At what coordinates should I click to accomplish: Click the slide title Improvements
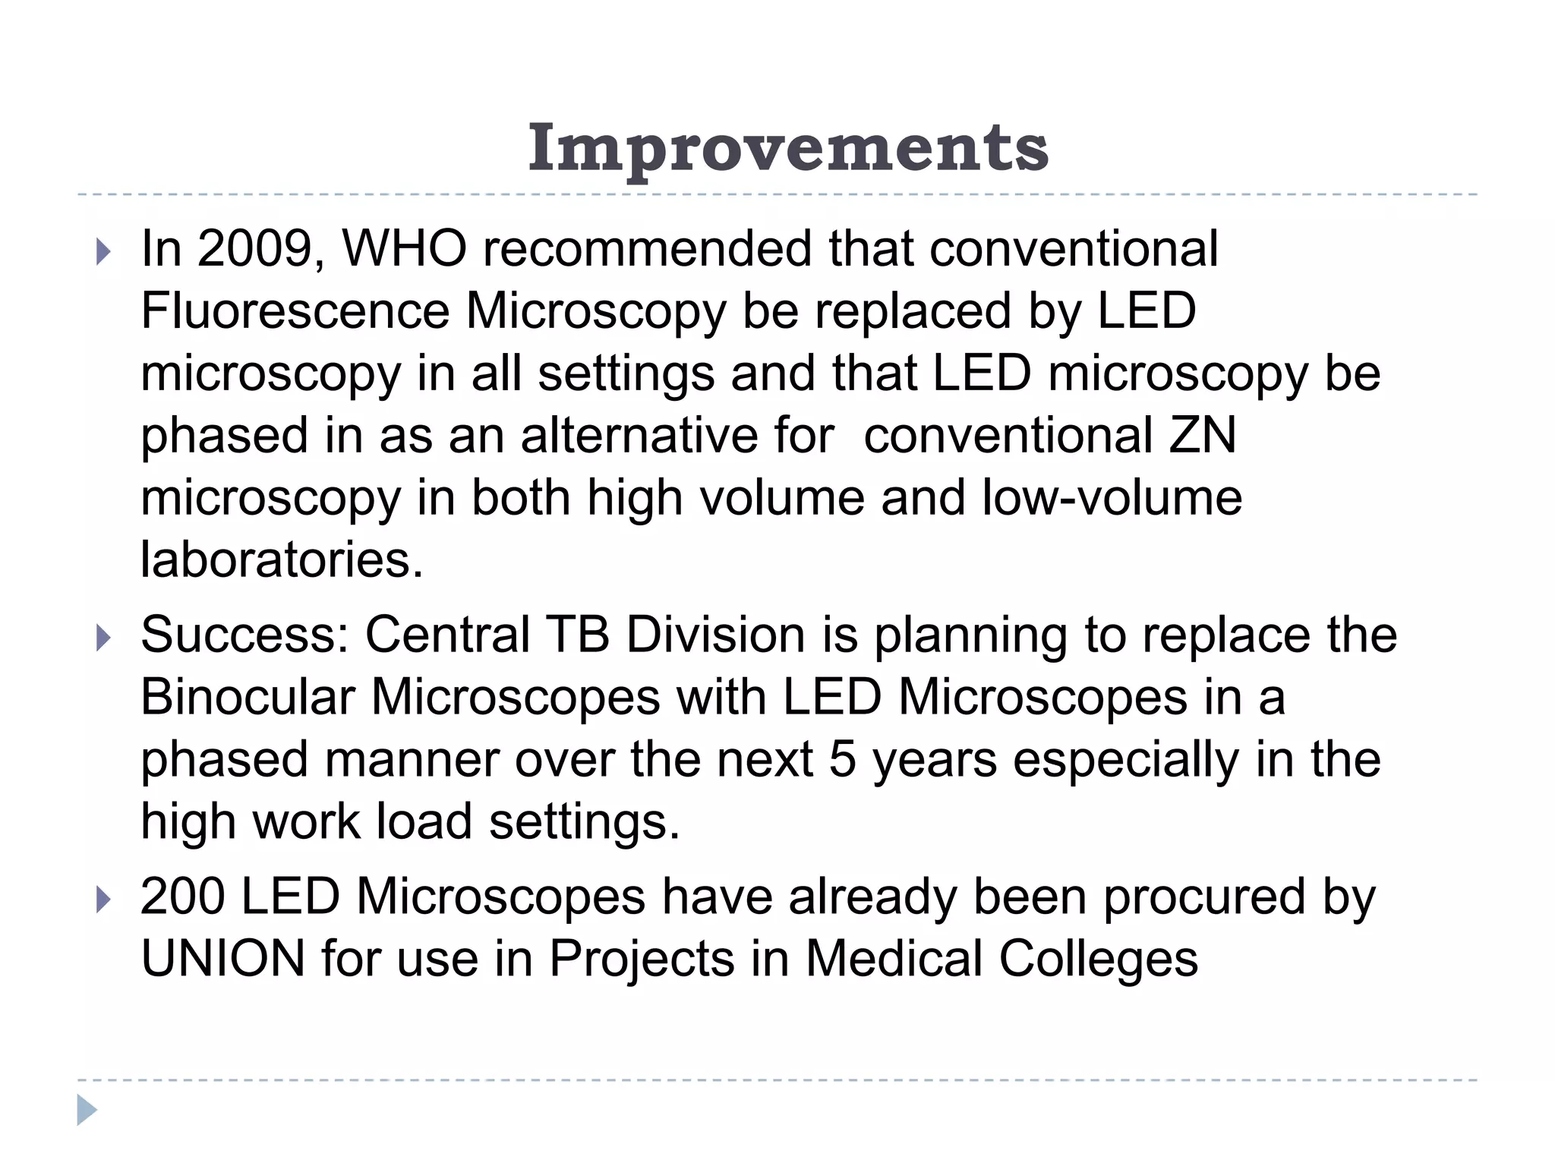(788, 149)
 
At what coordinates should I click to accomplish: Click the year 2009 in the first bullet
(254, 249)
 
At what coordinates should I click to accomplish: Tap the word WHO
(404, 249)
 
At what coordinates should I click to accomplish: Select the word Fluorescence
(295, 311)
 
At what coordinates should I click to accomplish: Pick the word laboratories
(281, 560)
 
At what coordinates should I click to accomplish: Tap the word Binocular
(248, 698)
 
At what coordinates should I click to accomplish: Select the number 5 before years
(842, 760)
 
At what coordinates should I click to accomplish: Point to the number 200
(182, 897)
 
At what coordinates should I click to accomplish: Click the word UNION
(222, 959)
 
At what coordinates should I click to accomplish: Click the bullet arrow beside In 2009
(103, 252)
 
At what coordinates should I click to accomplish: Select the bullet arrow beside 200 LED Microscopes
(103, 900)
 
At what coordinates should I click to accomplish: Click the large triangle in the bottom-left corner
(87, 1111)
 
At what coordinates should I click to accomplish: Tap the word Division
(715, 635)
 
